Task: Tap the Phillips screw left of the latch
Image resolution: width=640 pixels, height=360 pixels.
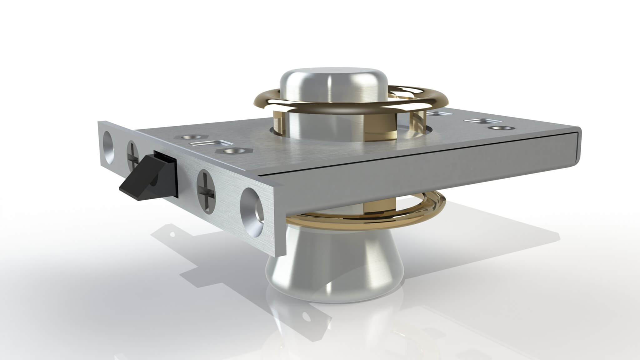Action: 132,154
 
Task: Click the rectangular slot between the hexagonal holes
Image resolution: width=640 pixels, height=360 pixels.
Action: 207,144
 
